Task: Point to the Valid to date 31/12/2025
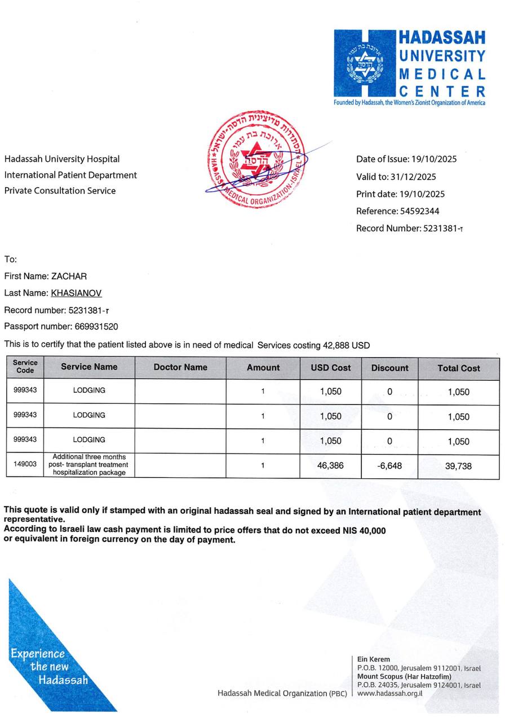413,177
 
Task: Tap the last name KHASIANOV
76,293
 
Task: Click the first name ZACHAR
69,276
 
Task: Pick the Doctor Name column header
180,367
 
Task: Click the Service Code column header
25,367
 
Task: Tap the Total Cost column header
458,368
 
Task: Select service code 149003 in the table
25,464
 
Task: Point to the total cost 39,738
458,466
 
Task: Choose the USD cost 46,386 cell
330,466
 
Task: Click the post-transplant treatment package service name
89,465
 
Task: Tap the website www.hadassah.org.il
389,693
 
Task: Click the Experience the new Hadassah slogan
49,667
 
